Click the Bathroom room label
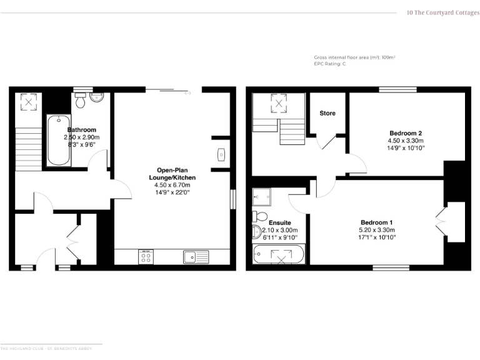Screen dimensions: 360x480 coord(81,129)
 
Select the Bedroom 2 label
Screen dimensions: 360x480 coord(406,133)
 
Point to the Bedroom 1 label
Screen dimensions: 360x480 coord(377,222)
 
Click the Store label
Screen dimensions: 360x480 coord(327,113)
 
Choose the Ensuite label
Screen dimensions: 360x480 coord(279,222)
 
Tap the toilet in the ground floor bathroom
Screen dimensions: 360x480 coord(80,101)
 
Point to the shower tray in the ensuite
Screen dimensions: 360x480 coord(262,197)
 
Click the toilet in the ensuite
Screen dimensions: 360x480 coord(258,217)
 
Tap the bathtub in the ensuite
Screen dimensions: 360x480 coord(279,254)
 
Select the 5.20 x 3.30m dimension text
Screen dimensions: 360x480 coord(377,230)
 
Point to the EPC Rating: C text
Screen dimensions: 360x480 coord(329,64)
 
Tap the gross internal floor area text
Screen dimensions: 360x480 coord(354,57)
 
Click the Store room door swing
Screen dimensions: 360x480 coord(327,141)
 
